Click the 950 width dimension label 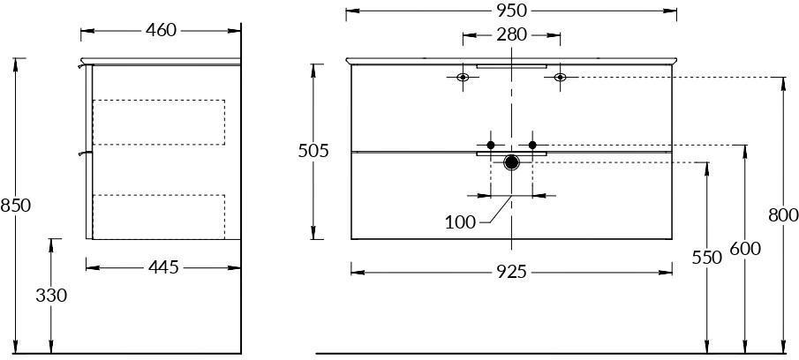pos(511,11)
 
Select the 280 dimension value pos(511,35)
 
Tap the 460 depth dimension pos(161,31)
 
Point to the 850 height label pos(16,206)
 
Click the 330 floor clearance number pos(51,296)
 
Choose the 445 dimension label pos(163,267)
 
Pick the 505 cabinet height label pos(313,151)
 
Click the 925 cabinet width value pos(511,273)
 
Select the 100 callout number pos(460,222)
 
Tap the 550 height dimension pos(707,258)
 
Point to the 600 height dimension pos(745,249)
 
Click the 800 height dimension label pos(783,215)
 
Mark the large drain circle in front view pos(511,163)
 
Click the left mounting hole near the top pos(463,78)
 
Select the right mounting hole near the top pos(560,78)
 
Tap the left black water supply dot pos(491,145)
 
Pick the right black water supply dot pos(532,145)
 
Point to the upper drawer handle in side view pos(83,65)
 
